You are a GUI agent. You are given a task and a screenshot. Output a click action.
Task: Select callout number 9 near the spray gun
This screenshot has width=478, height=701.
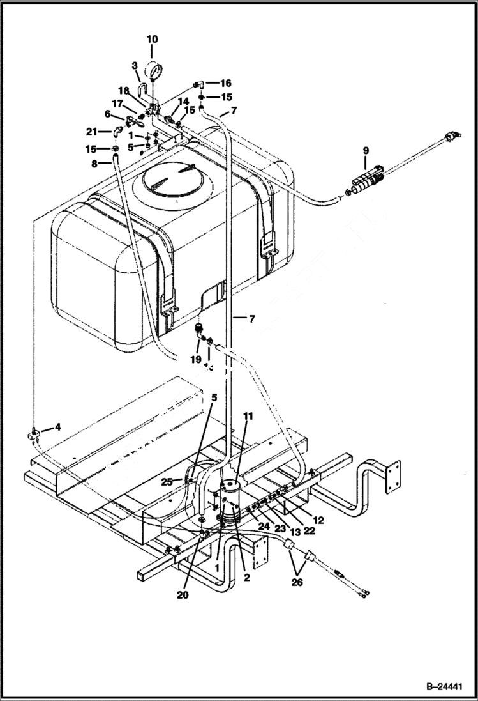(366, 151)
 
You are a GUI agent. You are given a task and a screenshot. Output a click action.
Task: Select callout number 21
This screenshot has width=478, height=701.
(92, 132)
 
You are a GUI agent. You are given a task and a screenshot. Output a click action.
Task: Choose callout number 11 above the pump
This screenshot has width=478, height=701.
(248, 416)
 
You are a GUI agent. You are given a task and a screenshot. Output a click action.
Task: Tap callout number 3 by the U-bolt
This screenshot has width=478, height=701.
(135, 66)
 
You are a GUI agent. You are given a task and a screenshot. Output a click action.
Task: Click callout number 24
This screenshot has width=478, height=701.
(264, 526)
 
